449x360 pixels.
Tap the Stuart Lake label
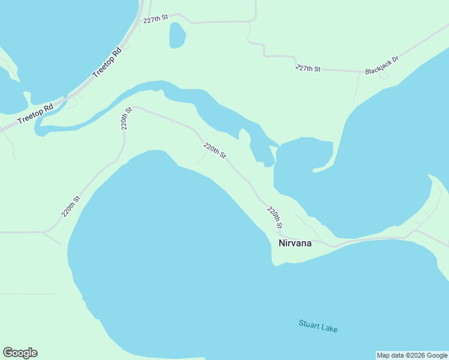click(x=318, y=326)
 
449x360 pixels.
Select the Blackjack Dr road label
click(x=382, y=66)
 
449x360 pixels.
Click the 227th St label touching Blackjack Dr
click(x=308, y=68)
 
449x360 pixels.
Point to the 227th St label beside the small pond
click(x=155, y=20)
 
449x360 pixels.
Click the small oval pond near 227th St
click(x=177, y=35)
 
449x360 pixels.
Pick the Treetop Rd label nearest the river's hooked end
click(x=35, y=113)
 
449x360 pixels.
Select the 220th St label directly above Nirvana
click(x=275, y=218)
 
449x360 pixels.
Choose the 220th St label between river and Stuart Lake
click(x=214, y=151)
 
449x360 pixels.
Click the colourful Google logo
click(x=20, y=353)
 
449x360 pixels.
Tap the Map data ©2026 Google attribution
click(x=412, y=355)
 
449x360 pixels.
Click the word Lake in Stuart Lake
click(x=329, y=328)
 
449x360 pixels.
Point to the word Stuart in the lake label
click(x=309, y=325)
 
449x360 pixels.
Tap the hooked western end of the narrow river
click(x=38, y=128)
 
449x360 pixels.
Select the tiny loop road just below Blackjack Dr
click(x=384, y=76)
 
